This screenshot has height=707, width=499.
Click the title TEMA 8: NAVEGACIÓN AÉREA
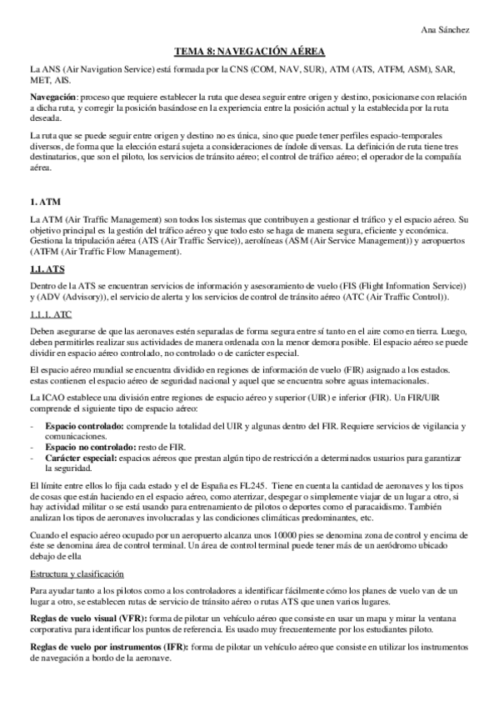coord(250,51)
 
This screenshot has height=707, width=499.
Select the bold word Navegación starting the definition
coord(52,98)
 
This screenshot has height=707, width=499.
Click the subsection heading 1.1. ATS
coord(48,269)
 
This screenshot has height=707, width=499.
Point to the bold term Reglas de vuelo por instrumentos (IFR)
coord(108,647)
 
